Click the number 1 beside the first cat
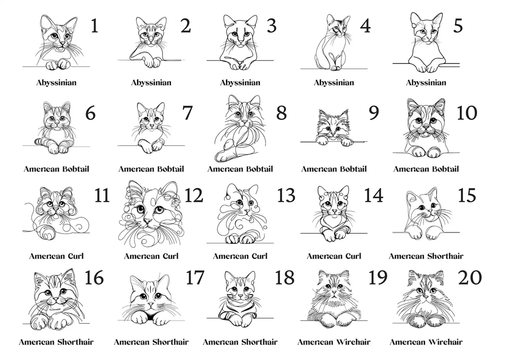95,26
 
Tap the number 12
194,195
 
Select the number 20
470,278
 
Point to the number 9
374,113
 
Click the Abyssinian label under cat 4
334,83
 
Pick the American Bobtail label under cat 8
240,169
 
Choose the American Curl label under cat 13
240,256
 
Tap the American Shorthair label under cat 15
426,256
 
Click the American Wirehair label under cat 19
334,342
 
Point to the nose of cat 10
426,125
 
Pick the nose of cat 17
150,304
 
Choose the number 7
187,113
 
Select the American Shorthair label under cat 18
240,342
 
